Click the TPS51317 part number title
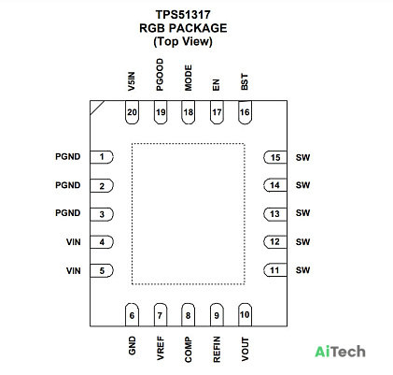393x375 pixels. pos(183,15)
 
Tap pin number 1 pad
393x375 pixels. pos(102,157)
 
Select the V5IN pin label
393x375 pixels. pos(132,81)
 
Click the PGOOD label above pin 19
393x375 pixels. pos(160,75)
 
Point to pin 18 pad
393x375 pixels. pos(188,112)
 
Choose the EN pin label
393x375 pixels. pos(216,85)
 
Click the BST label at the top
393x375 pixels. pos(245,82)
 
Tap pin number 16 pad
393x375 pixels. pos(245,112)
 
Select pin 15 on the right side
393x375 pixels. pos(275,157)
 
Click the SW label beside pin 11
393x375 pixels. pos(302,270)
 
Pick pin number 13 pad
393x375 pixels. pos(275,214)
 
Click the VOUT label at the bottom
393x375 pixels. pos(246,349)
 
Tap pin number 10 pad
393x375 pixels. pos(245,315)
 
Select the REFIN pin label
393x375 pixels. pos(217,349)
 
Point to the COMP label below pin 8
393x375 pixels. pos(188,350)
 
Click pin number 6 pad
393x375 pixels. pos(132,315)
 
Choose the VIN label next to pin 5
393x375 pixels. pos(74,271)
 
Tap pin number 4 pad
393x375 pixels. pos(102,242)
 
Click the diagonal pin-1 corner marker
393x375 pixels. pos(97,108)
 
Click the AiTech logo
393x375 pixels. pos(340,352)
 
